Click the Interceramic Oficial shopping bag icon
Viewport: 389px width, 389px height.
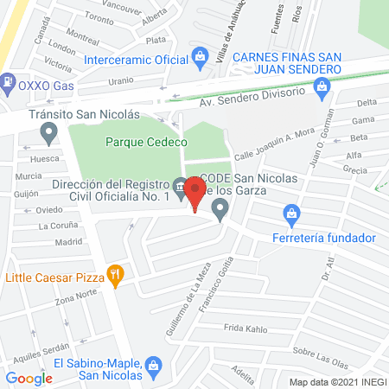coord(201,60)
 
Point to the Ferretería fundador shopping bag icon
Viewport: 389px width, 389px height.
coord(292,213)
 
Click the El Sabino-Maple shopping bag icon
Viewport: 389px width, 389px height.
coord(153,364)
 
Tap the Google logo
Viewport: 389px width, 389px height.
coord(29,378)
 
